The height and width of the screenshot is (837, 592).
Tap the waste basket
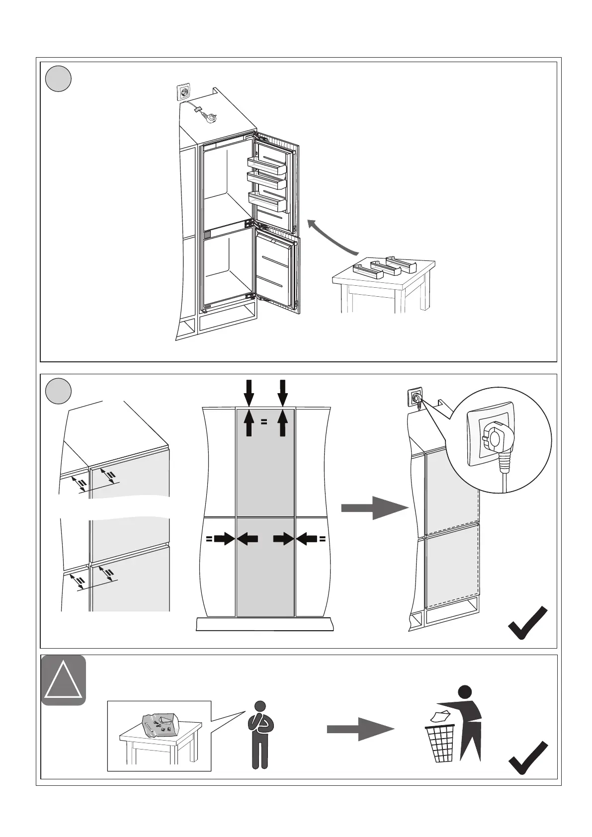[440, 743]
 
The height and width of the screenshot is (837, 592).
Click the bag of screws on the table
[159, 724]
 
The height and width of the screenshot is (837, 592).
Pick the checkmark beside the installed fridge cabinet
[528, 622]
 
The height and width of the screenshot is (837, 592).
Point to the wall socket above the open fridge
[183, 93]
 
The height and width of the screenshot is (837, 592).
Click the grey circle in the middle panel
[58, 391]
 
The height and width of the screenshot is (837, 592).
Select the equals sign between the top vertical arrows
[264, 422]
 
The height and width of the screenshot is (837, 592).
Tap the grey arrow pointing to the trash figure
[360, 729]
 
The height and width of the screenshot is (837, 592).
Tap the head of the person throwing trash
[465, 691]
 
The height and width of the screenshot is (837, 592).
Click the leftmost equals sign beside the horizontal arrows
[209, 538]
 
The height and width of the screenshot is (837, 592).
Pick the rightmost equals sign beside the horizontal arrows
[323, 538]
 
